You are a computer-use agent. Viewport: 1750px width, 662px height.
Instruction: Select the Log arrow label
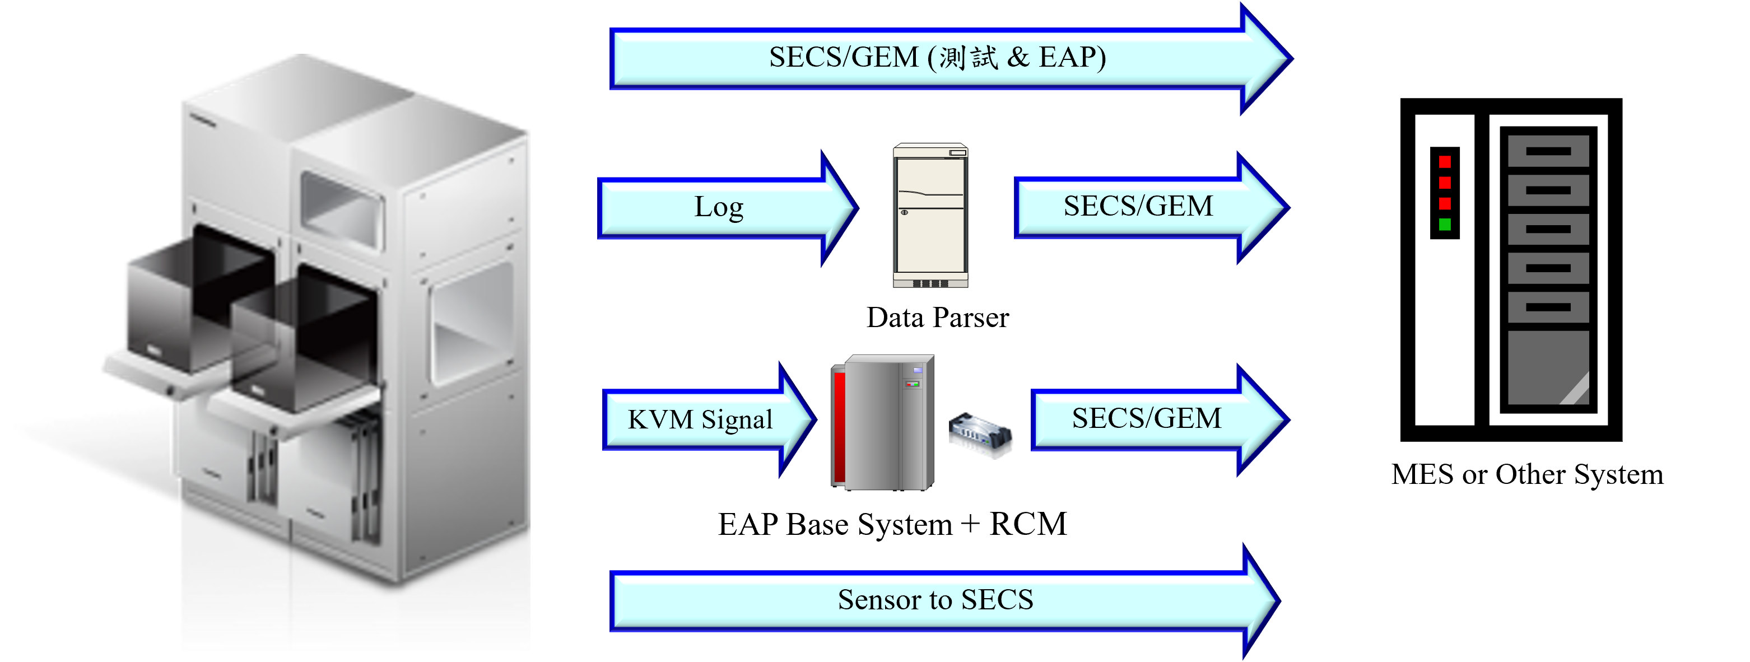(x=719, y=207)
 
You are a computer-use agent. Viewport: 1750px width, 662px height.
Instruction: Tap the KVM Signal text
(x=700, y=419)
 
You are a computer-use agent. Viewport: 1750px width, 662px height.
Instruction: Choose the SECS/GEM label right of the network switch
(x=1146, y=418)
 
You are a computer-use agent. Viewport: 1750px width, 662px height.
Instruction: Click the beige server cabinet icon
(x=930, y=215)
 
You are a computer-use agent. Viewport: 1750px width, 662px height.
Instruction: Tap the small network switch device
(x=980, y=435)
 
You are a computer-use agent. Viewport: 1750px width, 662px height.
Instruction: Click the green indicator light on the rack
(x=1444, y=225)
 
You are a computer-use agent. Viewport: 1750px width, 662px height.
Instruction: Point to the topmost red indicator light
(x=1444, y=162)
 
